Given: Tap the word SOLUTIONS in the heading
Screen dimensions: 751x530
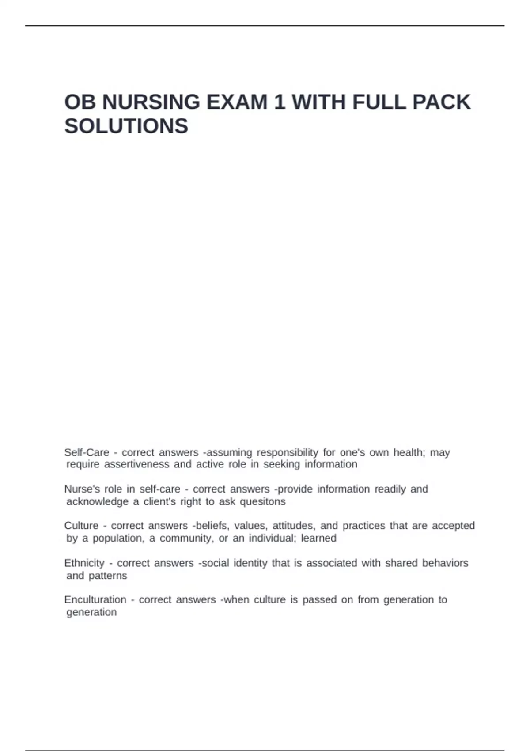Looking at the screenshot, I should (x=126, y=126).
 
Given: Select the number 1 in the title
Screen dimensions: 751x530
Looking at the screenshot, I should (x=279, y=102).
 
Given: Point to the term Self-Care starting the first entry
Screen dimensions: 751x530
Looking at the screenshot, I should (x=87, y=452).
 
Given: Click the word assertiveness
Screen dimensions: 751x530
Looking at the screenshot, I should (x=136, y=464).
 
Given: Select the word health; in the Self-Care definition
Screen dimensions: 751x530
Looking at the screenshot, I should (x=409, y=452).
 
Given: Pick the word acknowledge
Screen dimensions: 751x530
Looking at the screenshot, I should (x=97, y=501).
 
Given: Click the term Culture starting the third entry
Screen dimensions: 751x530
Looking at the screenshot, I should (x=81, y=526).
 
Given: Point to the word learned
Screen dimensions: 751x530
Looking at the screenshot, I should (x=318, y=538).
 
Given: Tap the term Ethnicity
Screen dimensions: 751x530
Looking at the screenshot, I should (x=84, y=563).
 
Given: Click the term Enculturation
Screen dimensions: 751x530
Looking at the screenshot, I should (x=95, y=599).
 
